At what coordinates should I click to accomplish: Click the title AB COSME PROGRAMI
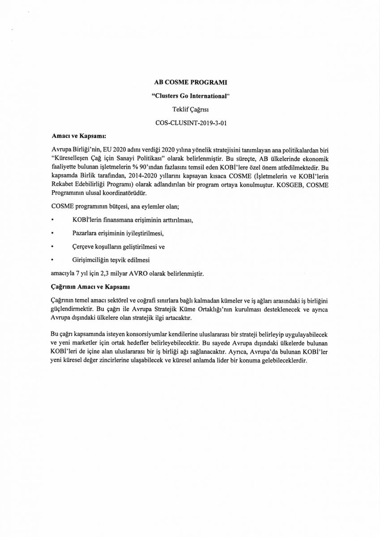coord(190,82)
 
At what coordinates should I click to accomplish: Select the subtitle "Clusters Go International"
coord(190,95)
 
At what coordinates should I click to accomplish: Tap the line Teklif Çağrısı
coord(190,109)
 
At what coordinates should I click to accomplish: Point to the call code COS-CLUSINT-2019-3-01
coord(190,122)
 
